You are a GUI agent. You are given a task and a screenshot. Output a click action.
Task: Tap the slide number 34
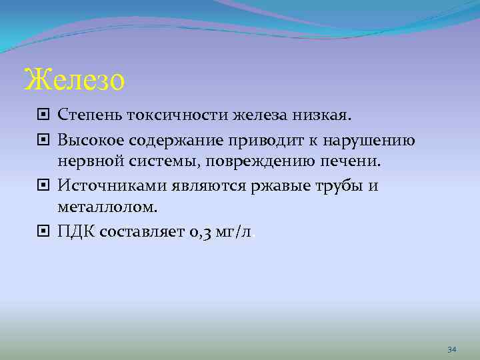(451, 349)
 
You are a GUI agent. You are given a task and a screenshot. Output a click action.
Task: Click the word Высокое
(90, 141)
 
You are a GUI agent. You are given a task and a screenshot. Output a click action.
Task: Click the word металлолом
(108, 207)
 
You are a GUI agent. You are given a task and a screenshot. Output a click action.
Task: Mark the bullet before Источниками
(44, 185)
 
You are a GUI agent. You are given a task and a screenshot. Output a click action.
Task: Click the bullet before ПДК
(44, 230)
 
